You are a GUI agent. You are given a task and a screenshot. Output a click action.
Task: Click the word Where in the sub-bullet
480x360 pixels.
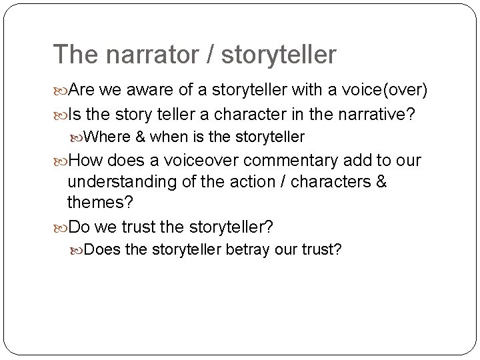pyautogui.click(x=109, y=137)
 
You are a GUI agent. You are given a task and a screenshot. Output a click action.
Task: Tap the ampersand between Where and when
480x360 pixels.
pyautogui.click(x=139, y=137)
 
